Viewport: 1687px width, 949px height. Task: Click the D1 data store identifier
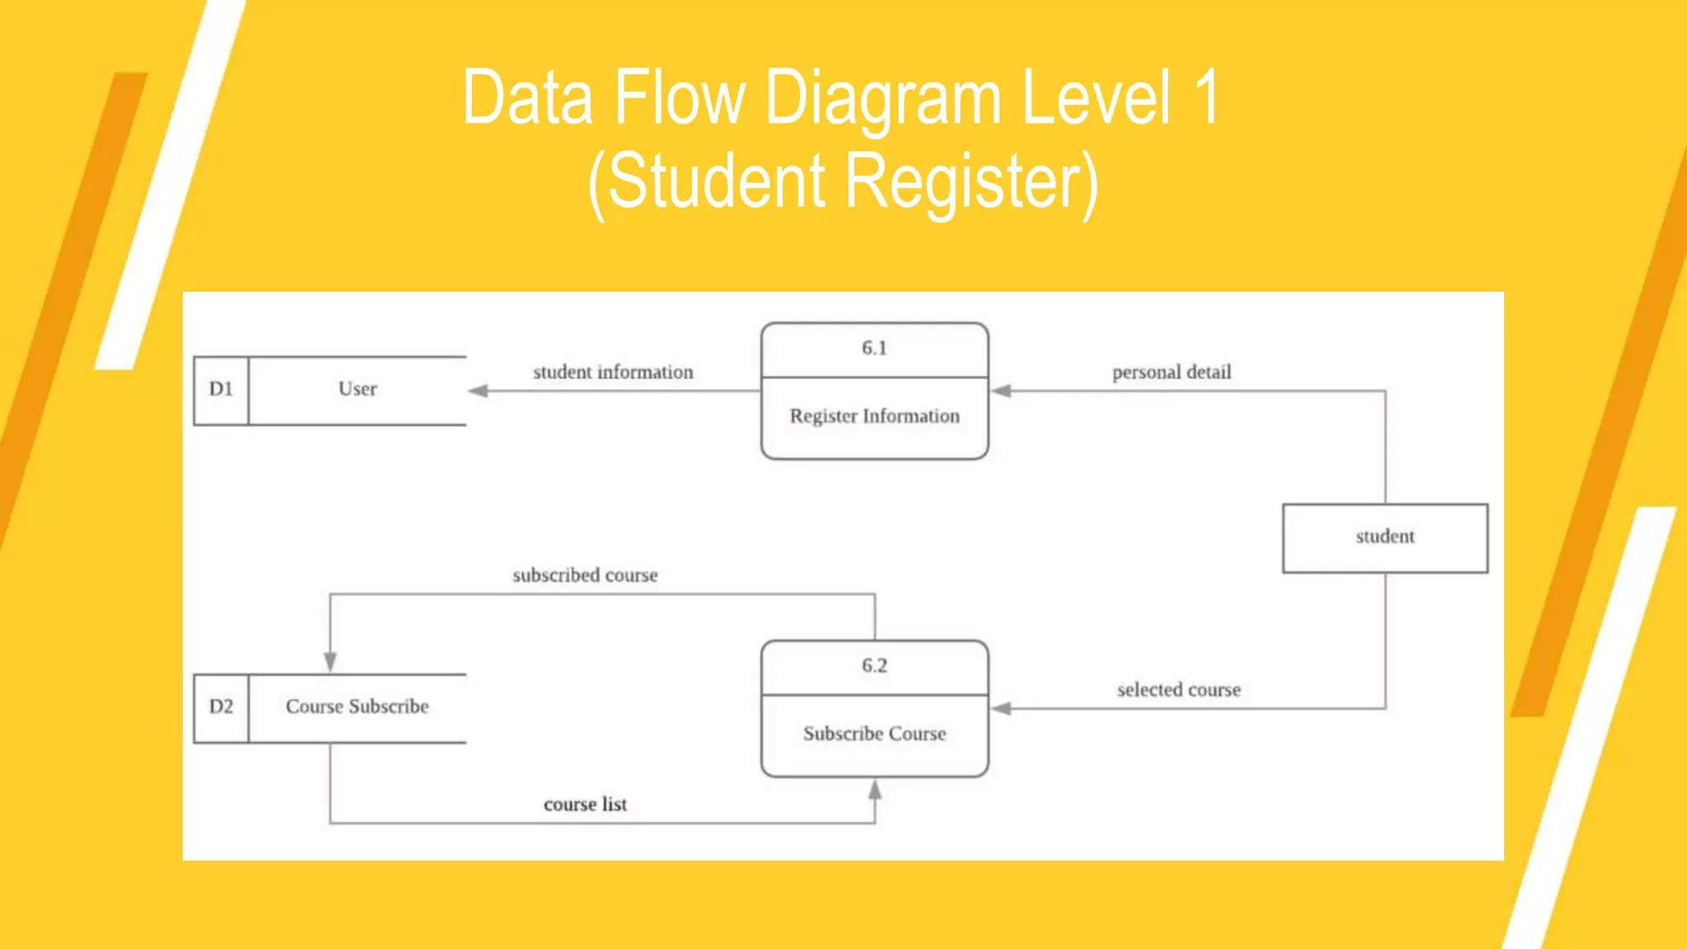pos(221,389)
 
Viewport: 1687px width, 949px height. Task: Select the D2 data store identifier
pos(221,707)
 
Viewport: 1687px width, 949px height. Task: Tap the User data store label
pos(357,389)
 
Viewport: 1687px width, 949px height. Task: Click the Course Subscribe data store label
pos(357,707)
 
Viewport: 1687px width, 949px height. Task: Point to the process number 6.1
pos(874,348)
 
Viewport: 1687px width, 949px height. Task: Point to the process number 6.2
pos(874,666)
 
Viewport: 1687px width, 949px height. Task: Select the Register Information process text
pos(874,416)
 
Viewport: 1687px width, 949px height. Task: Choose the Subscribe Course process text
pos(874,734)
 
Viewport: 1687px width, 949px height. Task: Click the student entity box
pos(1385,537)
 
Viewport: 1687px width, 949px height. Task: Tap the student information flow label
pos(613,372)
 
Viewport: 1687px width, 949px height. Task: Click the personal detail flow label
pos(1171,372)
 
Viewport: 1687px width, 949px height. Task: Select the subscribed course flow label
pos(585,576)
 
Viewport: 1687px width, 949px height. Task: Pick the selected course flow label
pos(1178,690)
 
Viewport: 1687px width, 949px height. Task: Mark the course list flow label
pos(585,805)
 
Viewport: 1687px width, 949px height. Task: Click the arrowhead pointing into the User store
pos(479,390)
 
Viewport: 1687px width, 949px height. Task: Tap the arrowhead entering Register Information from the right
pos(1001,390)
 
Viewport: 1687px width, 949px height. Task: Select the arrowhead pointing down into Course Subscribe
pos(330,661)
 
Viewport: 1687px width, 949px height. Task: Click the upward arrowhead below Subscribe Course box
pos(875,790)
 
